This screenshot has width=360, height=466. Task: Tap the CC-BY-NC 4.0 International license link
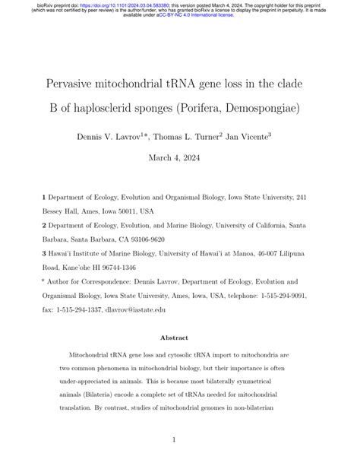(x=193, y=16)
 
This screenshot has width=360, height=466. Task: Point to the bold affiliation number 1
(x=45, y=196)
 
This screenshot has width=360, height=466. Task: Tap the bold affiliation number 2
(x=45, y=225)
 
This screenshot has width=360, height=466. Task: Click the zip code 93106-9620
(x=147, y=239)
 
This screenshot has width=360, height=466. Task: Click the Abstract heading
(x=179, y=338)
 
